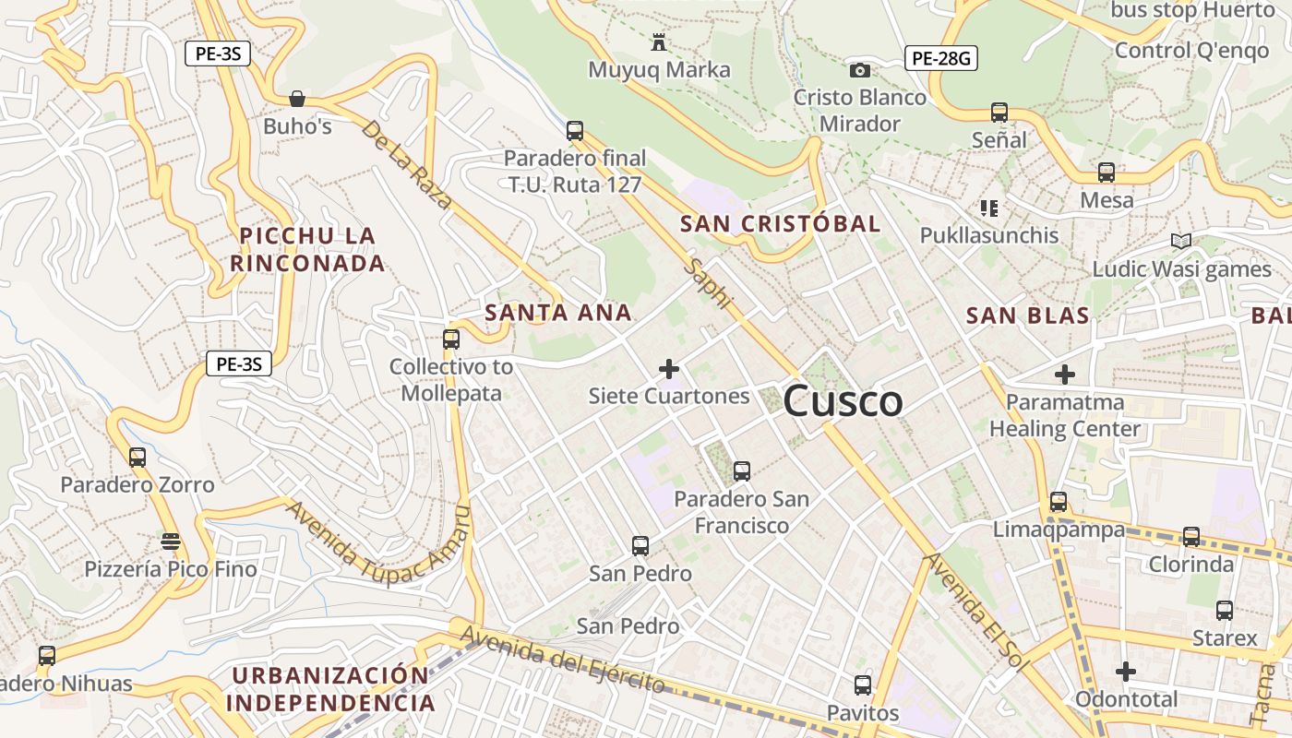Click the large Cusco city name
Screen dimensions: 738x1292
coord(843,401)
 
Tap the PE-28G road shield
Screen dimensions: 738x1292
coord(940,59)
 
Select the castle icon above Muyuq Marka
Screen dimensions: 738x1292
coord(659,42)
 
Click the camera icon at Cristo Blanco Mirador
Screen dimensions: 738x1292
coord(859,70)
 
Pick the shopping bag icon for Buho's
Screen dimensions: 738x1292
coord(297,98)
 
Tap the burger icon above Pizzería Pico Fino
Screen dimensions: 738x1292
coord(170,541)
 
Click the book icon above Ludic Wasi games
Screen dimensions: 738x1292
coord(1180,241)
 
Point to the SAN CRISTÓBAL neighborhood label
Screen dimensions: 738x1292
coord(780,223)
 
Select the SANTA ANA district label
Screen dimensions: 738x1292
coord(558,313)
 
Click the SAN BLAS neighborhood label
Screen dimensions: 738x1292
coord(1027,315)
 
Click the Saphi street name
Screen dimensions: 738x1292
coord(709,282)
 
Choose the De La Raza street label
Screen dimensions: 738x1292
coord(406,164)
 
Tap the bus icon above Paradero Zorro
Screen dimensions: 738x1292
coord(138,457)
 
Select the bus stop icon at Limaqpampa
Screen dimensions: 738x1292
coord(1059,502)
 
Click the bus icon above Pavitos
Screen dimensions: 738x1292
coord(862,685)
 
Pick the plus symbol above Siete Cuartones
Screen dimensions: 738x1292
coord(669,370)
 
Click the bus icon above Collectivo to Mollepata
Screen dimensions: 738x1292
coord(450,339)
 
